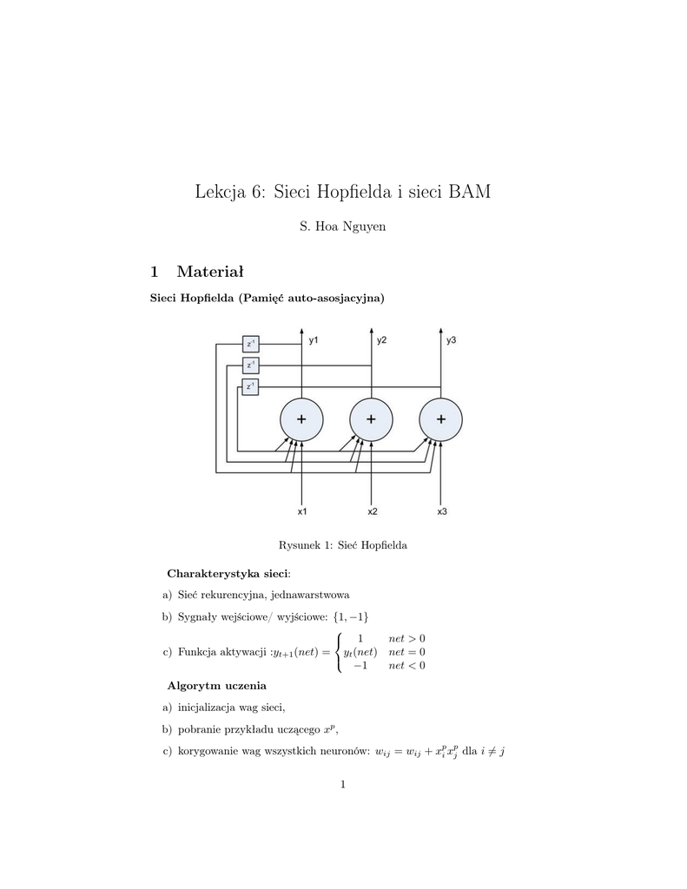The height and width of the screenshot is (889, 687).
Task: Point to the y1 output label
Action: click(x=313, y=341)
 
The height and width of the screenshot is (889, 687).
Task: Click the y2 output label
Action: click(x=382, y=341)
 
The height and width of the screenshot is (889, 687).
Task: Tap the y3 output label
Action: click(x=452, y=341)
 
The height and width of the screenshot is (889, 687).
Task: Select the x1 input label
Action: click(x=301, y=511)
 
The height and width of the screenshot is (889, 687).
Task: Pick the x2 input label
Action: click(x=372, y=511)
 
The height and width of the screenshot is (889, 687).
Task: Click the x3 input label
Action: click(x=441, y=511)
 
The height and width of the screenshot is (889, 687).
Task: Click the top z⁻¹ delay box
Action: click(x=250, y=344)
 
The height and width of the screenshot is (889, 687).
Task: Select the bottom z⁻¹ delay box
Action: click(x=250, y=386)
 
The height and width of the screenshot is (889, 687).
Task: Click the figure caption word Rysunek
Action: click(x=298, y=546)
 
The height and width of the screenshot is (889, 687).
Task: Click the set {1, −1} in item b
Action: click(x=351, y=616)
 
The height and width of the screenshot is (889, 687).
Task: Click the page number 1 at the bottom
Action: click(x=343, y=785)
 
